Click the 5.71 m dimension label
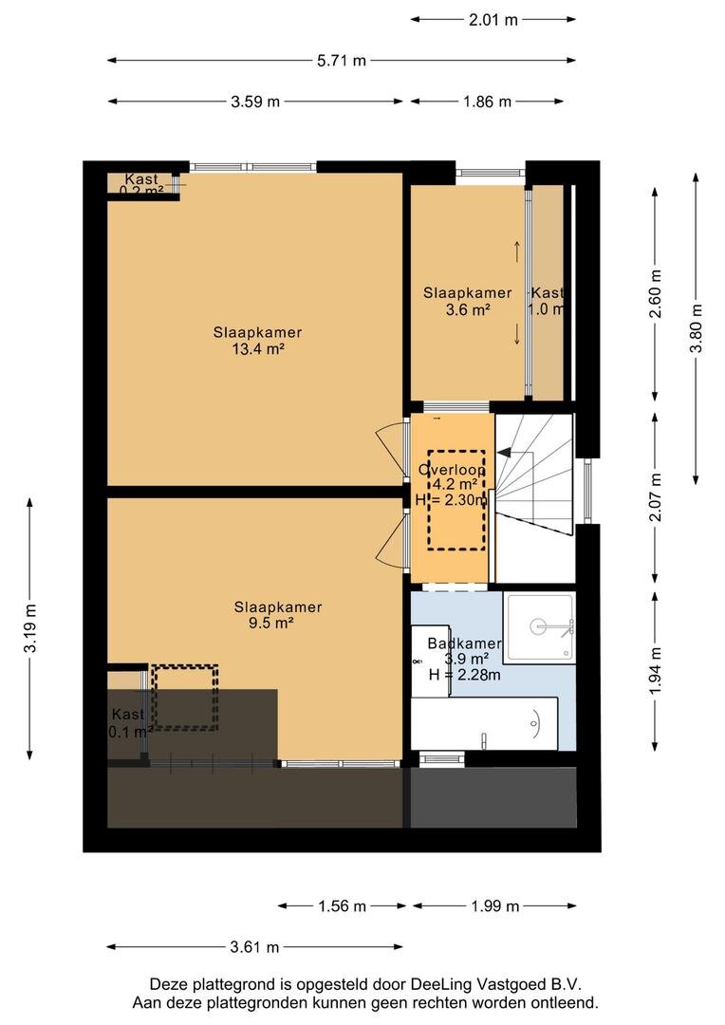click(342, 61)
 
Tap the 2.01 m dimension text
click(493, 20)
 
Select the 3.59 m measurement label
click(255, 102)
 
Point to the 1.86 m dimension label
click(488, 102)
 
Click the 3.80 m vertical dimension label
click(697, 328)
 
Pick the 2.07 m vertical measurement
click(657, 496)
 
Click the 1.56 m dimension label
click(342, 906)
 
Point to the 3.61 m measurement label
click(255, 947)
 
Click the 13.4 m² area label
click(257, 349)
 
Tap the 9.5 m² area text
click(270, 623)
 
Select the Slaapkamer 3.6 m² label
click(468, 302)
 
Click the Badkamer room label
click(465, 643)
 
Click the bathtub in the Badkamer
click(484, 723)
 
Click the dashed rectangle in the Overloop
click(456, 500)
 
